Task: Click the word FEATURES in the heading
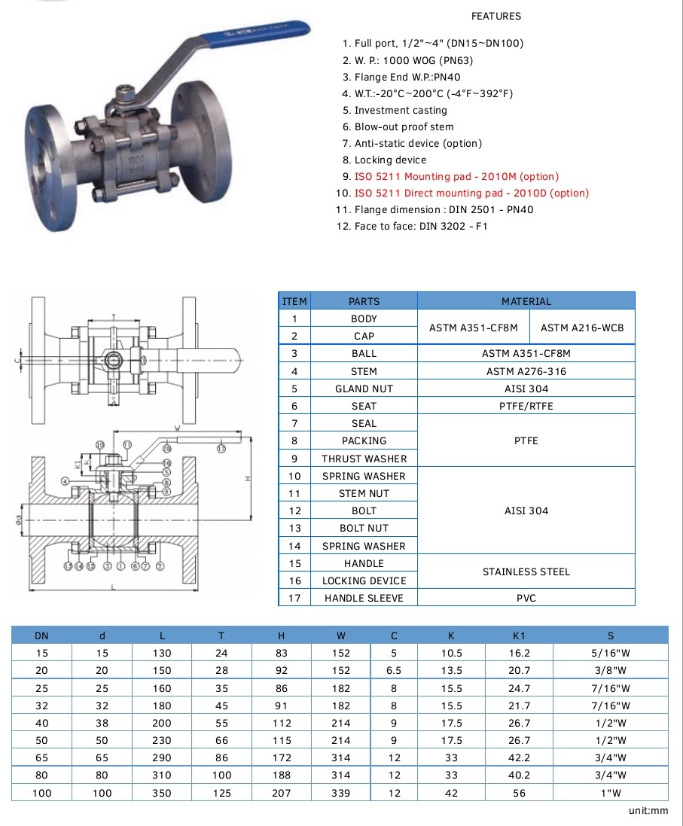click(x=495, y=16)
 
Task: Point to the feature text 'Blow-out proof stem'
click(x=404, y=126)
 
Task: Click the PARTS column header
click(x=364, y=301)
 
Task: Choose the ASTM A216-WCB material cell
click(x=582, y=328)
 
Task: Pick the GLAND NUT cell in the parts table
click(x=364, y=389)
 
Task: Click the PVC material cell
click(x=526, y=598)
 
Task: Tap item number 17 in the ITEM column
click(x=294, y=598)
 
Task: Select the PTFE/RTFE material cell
click(x=526, y=406)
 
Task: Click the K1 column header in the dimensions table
click(x=520, y=636)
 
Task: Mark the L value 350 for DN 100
click(x=161, y=792)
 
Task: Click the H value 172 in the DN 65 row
click(x=282, y=757)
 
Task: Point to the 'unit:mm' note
click(x=648, y=811)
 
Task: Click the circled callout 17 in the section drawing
click(x=221, y=449)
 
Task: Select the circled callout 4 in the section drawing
click(x=66, y=480)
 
